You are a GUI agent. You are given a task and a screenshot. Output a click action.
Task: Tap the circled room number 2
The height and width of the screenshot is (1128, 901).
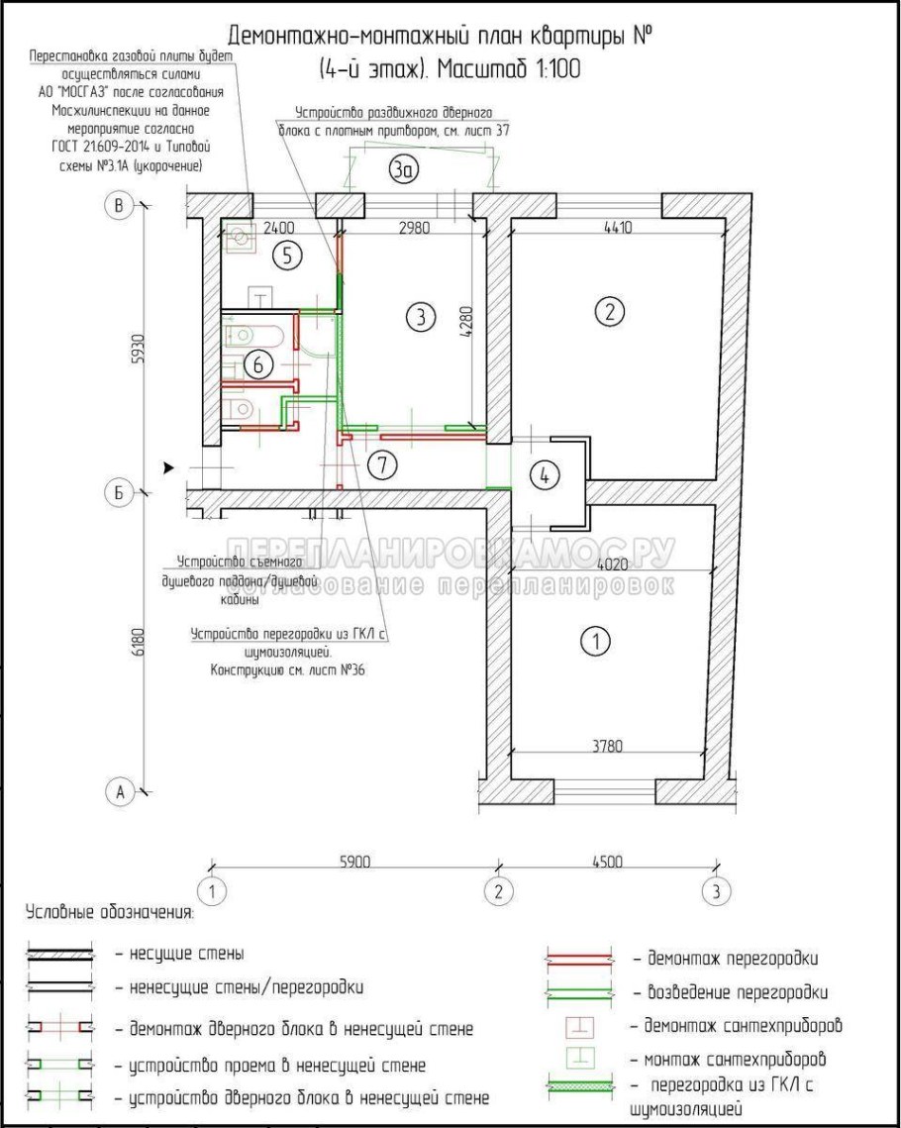click(x=609, y=312)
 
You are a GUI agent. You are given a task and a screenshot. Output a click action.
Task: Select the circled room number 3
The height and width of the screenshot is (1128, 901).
click(x=420, y=318)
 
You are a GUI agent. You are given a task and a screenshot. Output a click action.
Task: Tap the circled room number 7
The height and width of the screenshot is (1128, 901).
click(x=381, y=463)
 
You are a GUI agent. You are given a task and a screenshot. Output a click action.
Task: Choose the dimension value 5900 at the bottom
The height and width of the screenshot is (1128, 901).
click(x=354, y=862)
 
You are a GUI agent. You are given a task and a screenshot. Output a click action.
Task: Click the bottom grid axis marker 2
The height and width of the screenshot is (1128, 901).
click(x=498, y=889)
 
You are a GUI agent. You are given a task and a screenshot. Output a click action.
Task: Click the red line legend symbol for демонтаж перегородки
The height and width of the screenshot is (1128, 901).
click(x=580, y=959)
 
